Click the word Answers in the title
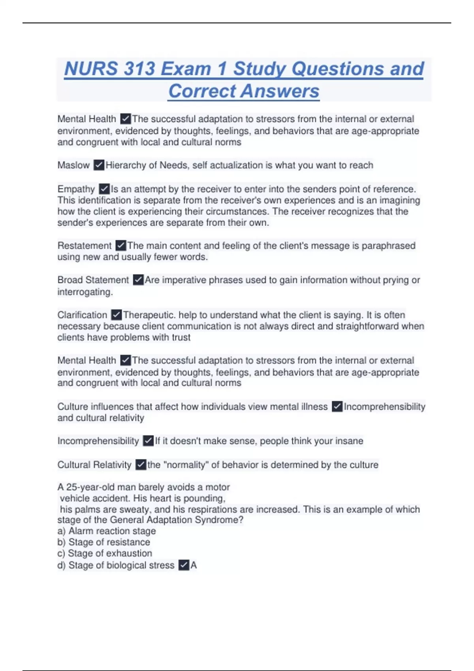280,91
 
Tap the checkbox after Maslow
99,165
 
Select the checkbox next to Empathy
104,189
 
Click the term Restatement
85,246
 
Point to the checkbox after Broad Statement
138,280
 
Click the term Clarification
82,315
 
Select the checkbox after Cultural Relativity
141,465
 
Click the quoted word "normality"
186,465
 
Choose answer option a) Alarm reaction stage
107,531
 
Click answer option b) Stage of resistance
104,542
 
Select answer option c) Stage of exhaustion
105,553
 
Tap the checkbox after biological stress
184,565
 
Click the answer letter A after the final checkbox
194,565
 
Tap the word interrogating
85,292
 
